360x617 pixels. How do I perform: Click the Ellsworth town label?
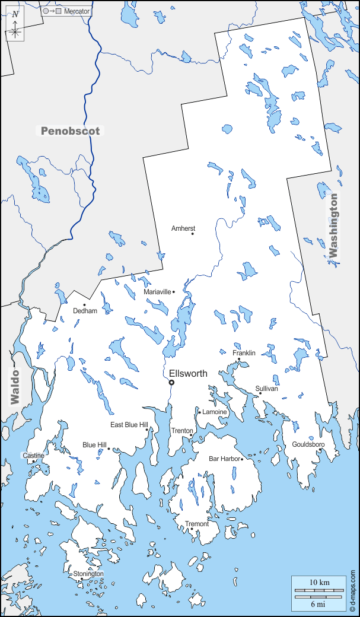188,373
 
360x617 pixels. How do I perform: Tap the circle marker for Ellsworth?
172,383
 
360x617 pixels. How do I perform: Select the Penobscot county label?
71,131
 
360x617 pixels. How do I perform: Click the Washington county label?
333,225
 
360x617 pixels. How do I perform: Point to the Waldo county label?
15,386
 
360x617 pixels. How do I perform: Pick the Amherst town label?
183,228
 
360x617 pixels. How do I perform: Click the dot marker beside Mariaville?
174,292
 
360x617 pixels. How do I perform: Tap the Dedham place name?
85,311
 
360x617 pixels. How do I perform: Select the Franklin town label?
244,353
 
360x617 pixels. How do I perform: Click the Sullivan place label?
266,389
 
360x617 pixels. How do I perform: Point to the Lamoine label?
215,412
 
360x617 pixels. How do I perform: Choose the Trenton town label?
182,431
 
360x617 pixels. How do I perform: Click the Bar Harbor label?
224,459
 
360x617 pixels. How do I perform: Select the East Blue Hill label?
129,425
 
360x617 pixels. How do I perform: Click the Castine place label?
33,456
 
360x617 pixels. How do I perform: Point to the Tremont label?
197,524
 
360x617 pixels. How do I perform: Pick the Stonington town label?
88,574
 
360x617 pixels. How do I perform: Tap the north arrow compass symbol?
15,27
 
